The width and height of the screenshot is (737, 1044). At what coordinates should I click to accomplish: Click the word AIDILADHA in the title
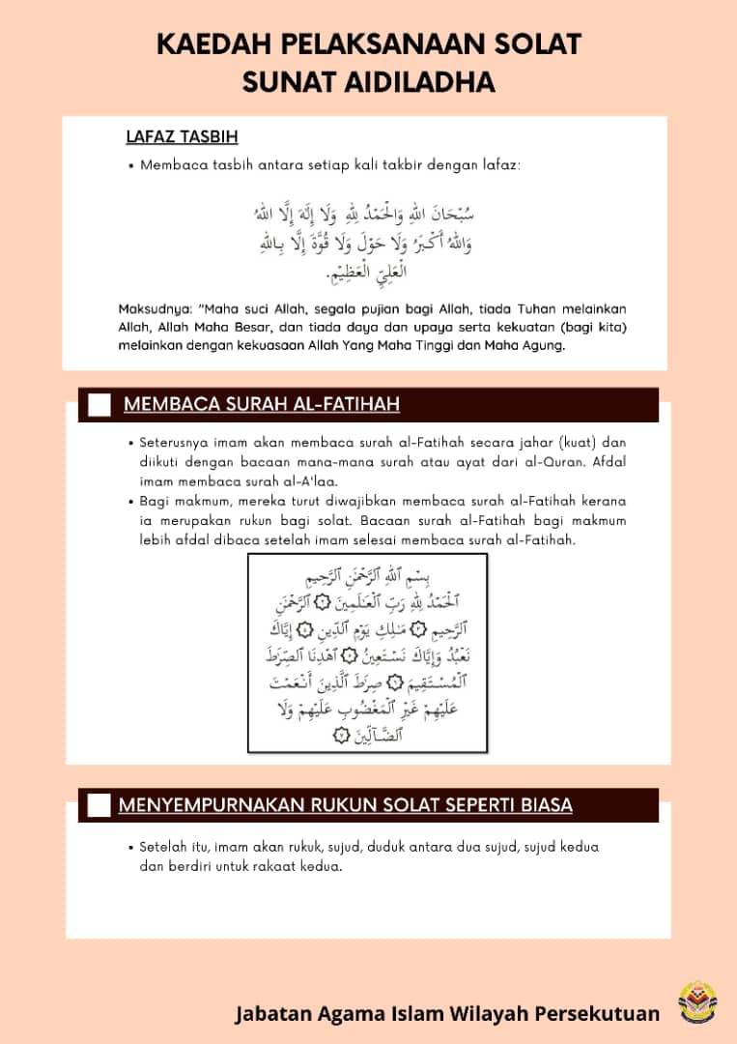pos(419,82)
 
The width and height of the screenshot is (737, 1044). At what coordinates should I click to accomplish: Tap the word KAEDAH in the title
pos(215,43)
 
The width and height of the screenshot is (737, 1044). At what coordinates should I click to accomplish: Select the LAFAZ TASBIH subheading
pos(182,137)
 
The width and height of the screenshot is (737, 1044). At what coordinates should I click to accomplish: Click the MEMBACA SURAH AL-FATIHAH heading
pos(262,404)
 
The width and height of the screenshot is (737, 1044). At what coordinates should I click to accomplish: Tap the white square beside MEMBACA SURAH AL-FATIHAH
pos(99,405)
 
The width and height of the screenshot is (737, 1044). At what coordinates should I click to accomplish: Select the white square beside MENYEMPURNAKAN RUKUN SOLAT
pos(99,805)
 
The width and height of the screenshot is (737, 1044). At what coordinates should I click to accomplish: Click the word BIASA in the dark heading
pos(537,805)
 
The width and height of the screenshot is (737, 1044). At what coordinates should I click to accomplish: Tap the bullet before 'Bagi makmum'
pos(129,502)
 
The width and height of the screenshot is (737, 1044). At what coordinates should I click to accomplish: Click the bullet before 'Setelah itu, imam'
pos(129,847)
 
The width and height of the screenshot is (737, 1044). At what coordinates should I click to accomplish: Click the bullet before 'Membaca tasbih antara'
pos(129,165)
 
